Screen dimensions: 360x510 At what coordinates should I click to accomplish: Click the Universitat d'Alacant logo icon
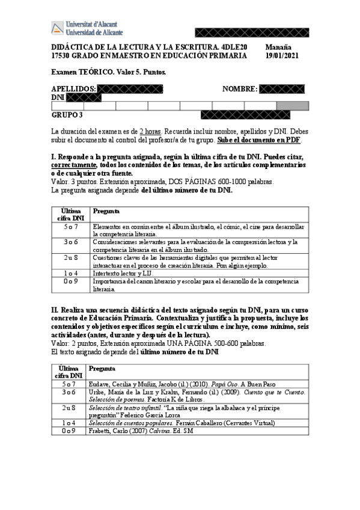(x=57, y=28)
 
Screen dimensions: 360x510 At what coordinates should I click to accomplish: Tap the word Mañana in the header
(x=278, y=46)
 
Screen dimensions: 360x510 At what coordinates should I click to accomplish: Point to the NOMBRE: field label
(x=240, y=89)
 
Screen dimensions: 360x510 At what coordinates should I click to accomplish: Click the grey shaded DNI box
(x=293, y=106)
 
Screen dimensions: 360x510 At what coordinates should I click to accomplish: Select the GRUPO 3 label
(x=67, y=115)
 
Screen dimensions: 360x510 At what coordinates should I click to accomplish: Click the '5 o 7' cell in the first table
(x=70, y=227)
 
